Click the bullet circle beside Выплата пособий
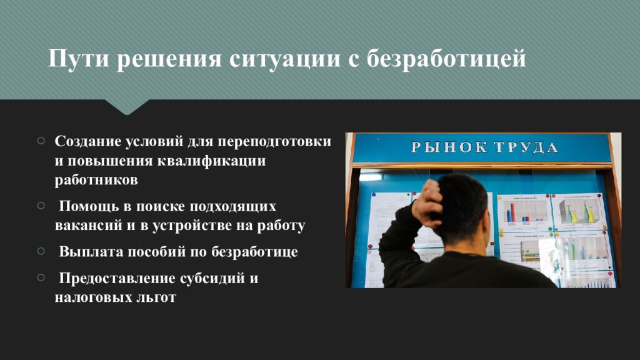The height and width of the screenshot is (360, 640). click(x=41, y=251)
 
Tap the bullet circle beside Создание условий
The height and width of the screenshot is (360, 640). click(x=41, y=141)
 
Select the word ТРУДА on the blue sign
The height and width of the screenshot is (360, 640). click(x=526, y=147)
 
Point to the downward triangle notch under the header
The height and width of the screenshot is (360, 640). click(x=127, y=107)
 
